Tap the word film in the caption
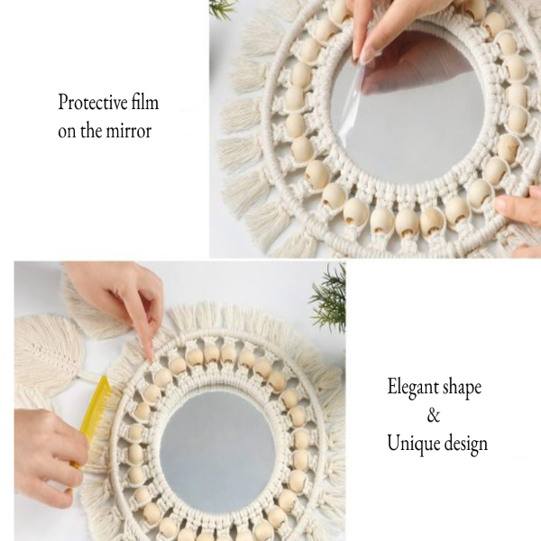[x=145, y=102]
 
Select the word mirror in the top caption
[x=128, y=130]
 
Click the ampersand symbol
[x=434, y=416]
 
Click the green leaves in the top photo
[x=221, y=8]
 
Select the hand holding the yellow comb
[x=45, y=451]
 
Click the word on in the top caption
[x=68, y=131]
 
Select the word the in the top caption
[x=93, y=130]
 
